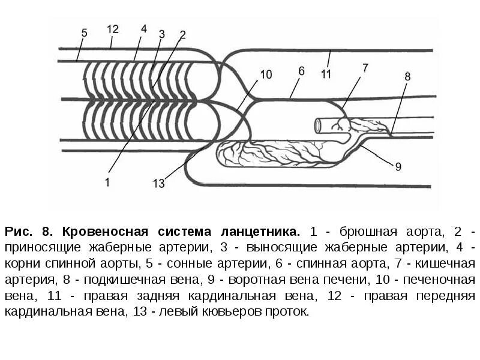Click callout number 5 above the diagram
85,33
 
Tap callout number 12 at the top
113,29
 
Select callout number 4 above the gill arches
143,28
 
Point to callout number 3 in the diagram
161,34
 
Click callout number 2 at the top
182,34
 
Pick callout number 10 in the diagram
266,74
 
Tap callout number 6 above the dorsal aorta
301,70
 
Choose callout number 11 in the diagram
326,74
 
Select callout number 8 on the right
408,76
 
